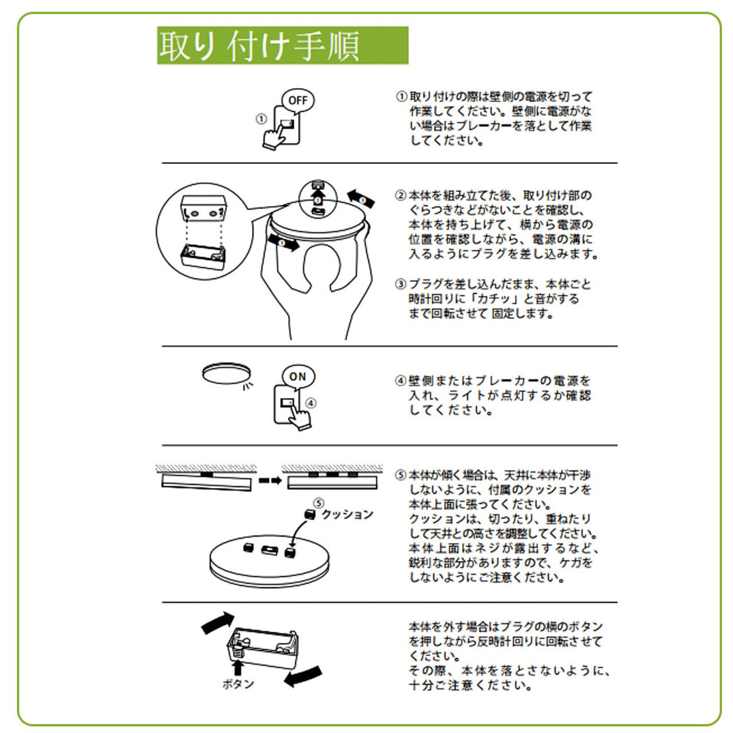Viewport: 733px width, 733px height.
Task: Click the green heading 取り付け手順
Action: (x=282, y=45)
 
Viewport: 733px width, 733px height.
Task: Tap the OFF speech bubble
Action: (x=298, y=101)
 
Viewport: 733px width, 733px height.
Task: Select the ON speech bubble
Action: (x=298, y=377)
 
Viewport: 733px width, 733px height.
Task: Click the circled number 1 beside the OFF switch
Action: (x=261, y=120)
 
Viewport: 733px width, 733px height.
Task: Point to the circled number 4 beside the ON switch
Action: (x=311, y=403)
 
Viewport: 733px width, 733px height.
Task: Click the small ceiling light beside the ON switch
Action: (x=226, y=373)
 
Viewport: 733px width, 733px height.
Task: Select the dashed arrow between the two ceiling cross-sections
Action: (x=270, y=480)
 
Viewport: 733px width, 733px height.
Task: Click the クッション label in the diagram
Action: (x=347, y=515)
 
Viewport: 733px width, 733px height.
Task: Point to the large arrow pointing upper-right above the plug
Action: (x=218, y=622)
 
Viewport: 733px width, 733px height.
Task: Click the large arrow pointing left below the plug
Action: (x=303, y=676)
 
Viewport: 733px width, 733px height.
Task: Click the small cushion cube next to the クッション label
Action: (x=310, y=514)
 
